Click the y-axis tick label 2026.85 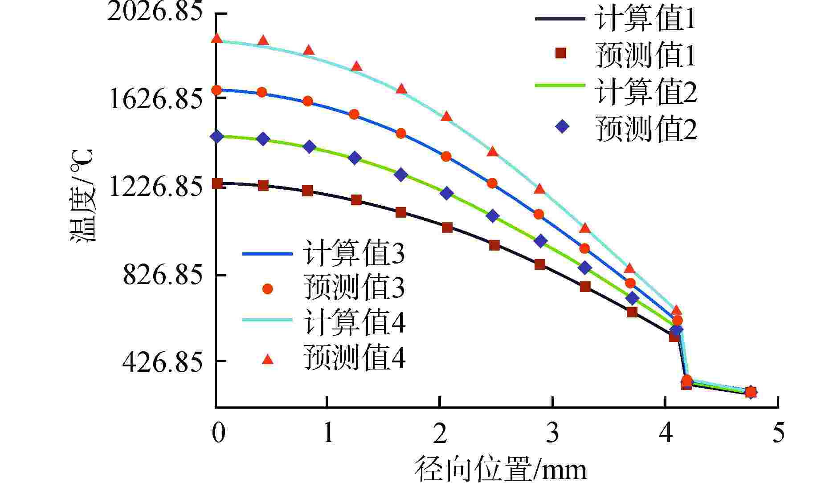[x=155, y=12]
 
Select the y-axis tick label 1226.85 [x=155, y=187]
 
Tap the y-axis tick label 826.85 [x=163, y=275]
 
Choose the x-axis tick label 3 [x=552, y=432]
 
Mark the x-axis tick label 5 [x=778, y=432]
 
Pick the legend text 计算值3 [x=354, y=254]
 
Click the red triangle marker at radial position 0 [x=217, y=38]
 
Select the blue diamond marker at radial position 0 [x=217, y=136]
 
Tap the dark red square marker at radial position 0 [x=217, y=183]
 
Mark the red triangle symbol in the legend [x=267, y=359]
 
